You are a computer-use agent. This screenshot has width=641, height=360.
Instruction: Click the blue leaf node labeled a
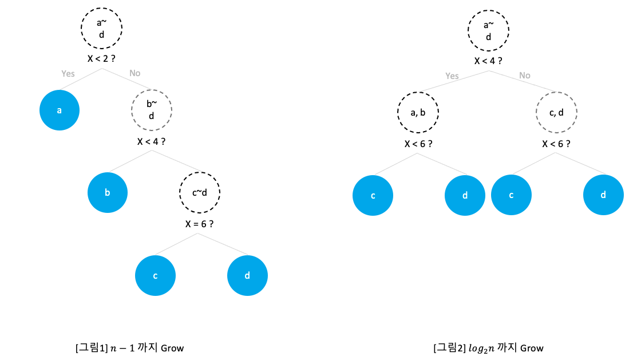(60, 110)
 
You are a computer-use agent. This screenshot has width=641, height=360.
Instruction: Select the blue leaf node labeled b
(108, 192)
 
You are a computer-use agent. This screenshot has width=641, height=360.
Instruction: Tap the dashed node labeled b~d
(152, 110)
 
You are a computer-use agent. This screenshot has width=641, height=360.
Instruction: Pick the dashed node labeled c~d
(199, 192)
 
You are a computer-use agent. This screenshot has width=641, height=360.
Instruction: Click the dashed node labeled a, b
(418, 113)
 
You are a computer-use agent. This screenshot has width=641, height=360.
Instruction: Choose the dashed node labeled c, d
(556, 113)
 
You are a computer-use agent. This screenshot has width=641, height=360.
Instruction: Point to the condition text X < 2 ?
(102, 58)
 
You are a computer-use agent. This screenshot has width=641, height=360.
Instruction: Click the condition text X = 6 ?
(199, 224)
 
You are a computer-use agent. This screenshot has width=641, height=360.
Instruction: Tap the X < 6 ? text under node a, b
(418, 144)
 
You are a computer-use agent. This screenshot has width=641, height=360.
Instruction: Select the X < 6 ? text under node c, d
(556, 144)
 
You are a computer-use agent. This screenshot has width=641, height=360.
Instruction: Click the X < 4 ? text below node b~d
(152, 141)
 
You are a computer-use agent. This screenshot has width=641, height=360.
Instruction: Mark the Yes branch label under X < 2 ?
(68, 73)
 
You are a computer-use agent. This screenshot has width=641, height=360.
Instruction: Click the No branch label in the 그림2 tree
(524, 76)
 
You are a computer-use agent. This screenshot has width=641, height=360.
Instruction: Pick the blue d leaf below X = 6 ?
(247, 275)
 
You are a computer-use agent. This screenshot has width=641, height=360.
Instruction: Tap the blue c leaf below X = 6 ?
(155, 275)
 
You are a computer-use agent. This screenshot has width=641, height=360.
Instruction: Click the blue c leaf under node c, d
(511, 195)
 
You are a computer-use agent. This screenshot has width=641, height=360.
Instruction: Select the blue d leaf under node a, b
(465, 195)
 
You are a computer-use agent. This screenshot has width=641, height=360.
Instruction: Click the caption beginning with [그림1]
(129, 347)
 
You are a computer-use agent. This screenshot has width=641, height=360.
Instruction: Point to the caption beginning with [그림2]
(488, 347)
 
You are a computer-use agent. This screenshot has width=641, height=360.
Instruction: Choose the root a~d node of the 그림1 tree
(102, 27)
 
